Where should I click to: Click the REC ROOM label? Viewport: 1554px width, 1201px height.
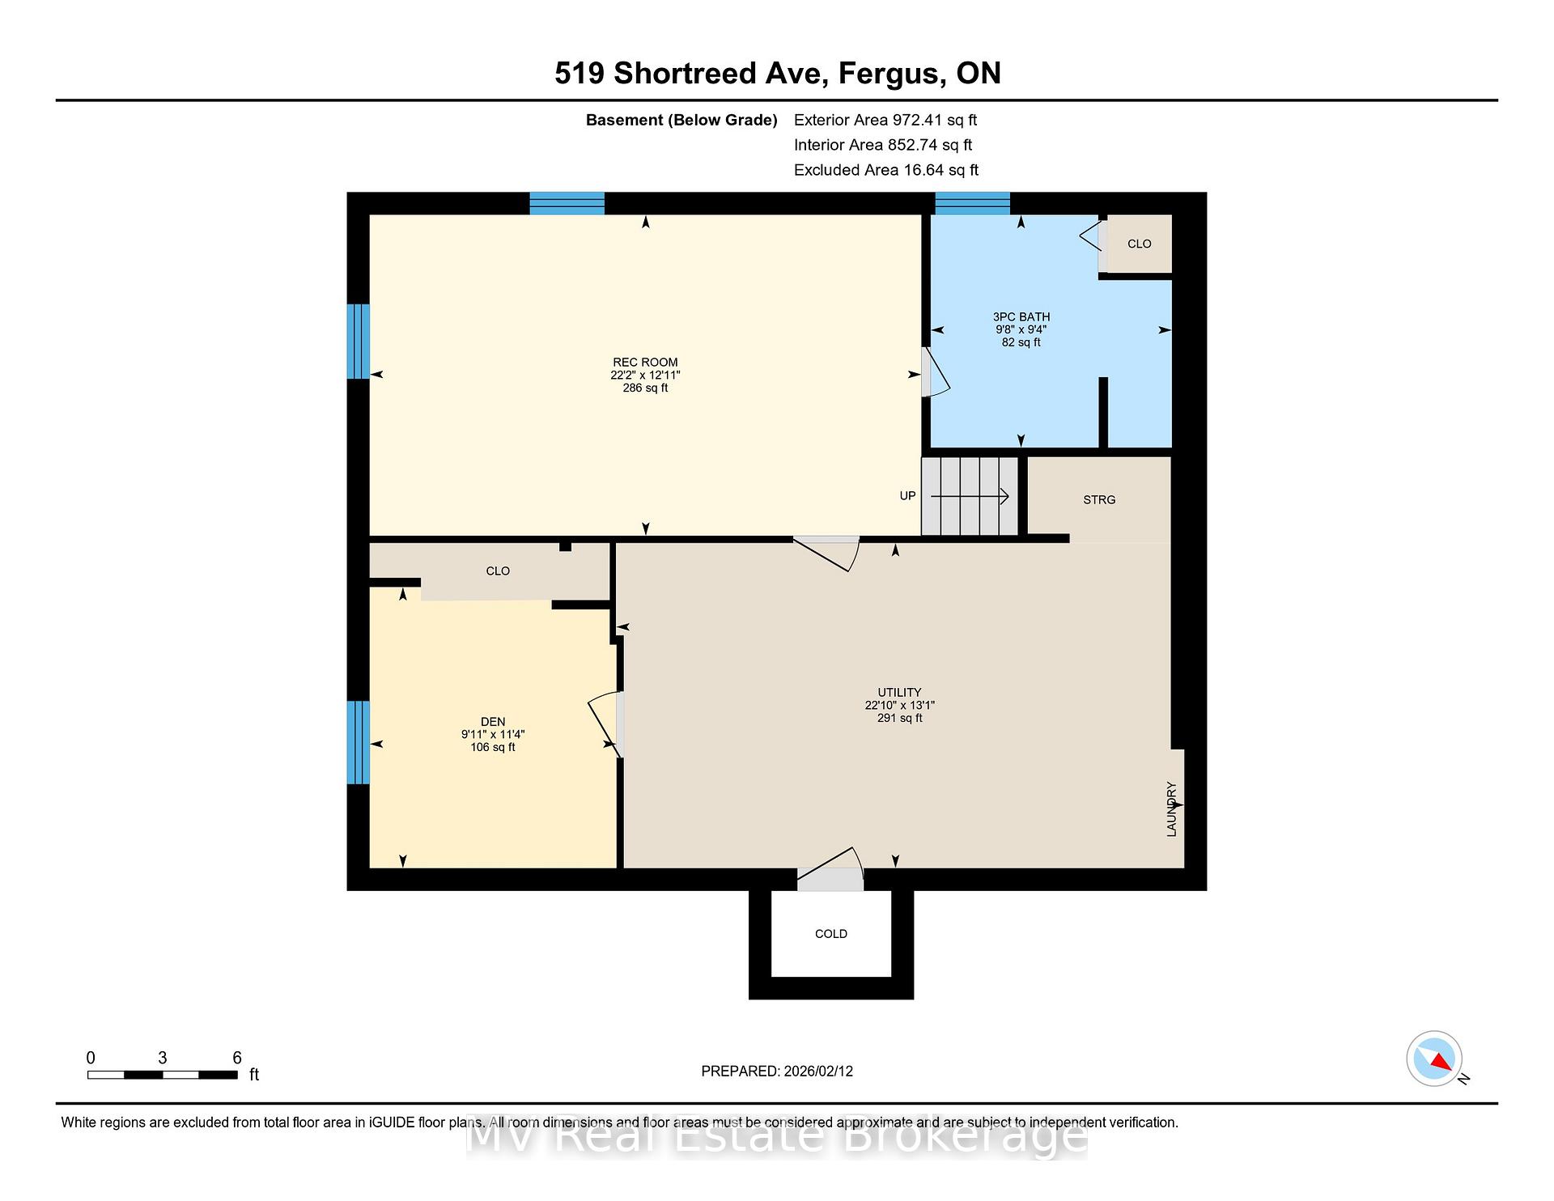coord(645,363)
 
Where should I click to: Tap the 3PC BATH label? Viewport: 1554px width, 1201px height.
coord(1021,317)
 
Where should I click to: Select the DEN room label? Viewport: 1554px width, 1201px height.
coord(493,722)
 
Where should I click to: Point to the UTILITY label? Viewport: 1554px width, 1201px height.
coord(899,693)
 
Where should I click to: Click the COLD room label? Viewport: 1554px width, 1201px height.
coord(831,934)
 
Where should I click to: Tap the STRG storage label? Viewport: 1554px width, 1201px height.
coord(1099,500)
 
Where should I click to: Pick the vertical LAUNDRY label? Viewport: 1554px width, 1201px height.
coord(1171,808)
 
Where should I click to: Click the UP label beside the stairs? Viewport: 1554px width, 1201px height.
coord(908,496)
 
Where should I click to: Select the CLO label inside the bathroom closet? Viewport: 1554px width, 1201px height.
coord(1139,244)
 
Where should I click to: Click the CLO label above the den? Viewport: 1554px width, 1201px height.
coord(498,571)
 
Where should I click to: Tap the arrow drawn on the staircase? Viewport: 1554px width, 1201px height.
coord(970,496)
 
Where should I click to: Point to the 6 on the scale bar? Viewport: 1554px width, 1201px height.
coord(237,1058)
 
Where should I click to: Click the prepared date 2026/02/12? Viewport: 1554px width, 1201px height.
coord(818,1072)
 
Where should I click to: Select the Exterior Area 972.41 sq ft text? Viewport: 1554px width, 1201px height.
coord(885,120)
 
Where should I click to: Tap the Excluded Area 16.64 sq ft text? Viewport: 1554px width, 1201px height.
coord(886,170)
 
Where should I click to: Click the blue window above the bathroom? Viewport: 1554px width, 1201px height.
coord(973,203)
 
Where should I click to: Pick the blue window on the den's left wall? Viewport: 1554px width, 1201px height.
coord(359,742)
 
